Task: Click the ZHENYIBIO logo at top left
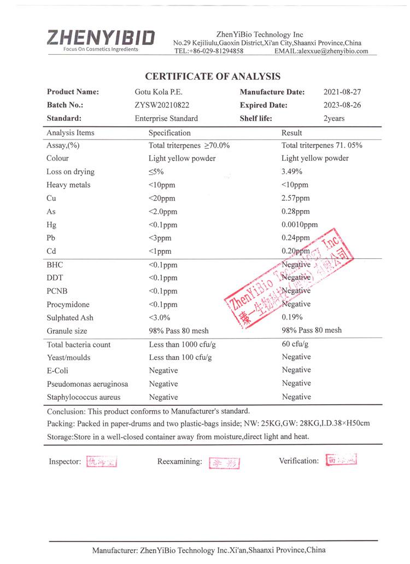pos(101,39)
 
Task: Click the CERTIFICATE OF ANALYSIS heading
pos(212,77)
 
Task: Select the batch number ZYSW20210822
pos(162,105)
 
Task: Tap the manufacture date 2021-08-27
pos(342,92)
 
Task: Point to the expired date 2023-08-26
pos(342,105)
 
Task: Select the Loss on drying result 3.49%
pos(293,172)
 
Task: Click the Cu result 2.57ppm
pos(295,198)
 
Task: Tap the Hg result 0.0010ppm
pos(300,225)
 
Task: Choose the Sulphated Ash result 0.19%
pos(293,317)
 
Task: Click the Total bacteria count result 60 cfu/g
pos(295,344)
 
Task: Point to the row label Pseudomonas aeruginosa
pos(87,384)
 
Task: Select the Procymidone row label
pos(68,304)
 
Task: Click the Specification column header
pos(169,133)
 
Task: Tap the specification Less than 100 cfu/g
pos(180,357)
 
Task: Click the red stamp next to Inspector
pos(102,462)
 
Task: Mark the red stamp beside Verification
pos(341,461)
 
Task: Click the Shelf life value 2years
pos(334,119)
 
